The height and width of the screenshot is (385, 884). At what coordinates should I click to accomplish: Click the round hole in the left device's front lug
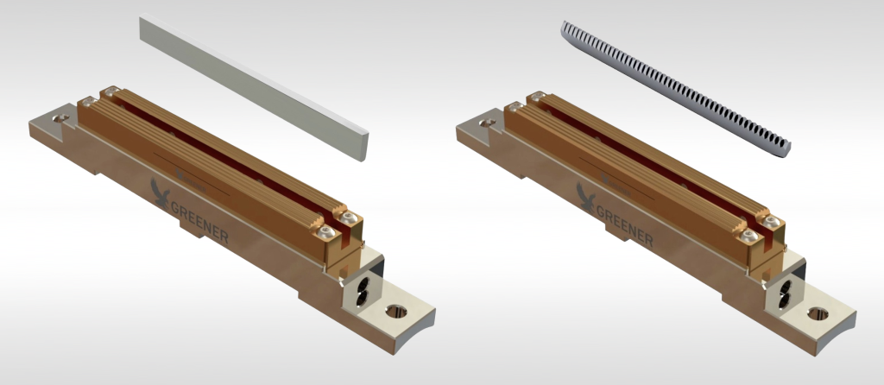399,312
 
